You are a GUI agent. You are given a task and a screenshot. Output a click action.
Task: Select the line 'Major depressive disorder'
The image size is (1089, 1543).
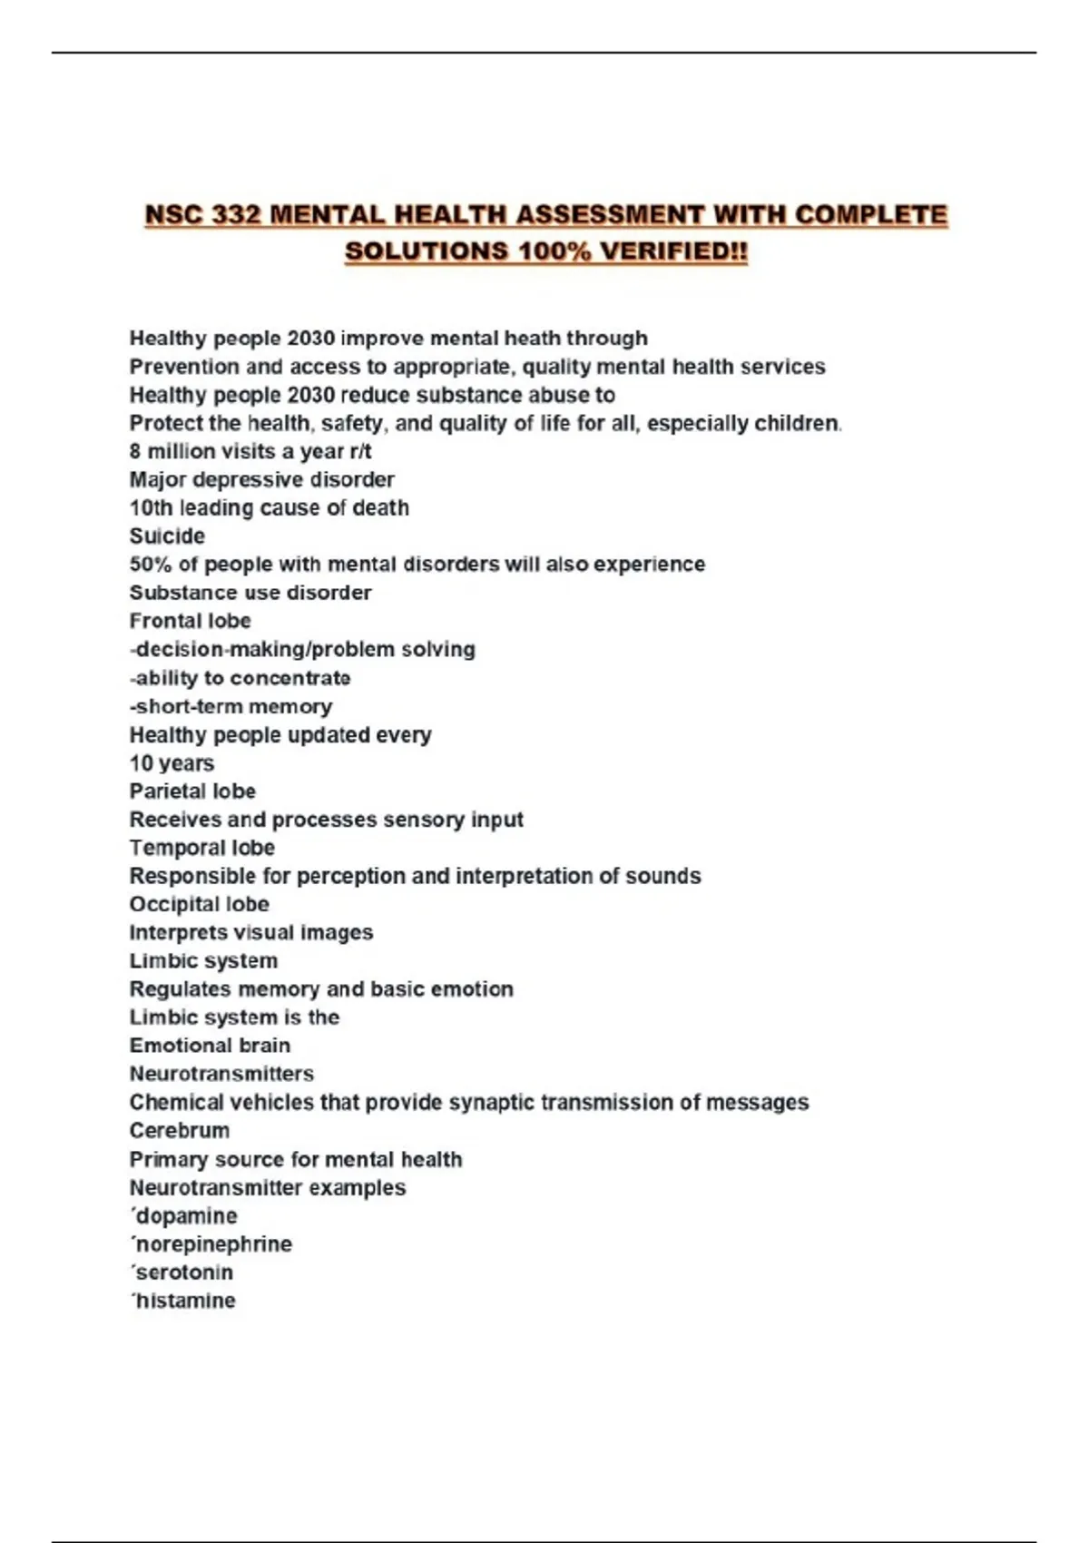[x=261, y=479]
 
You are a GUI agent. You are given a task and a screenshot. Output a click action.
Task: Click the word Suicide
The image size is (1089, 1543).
[x=167, y=536]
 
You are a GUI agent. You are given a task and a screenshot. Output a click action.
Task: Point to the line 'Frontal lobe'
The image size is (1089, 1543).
[x=190, y=621]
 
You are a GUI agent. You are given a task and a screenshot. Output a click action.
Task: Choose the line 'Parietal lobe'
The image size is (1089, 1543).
[x=192, y=791]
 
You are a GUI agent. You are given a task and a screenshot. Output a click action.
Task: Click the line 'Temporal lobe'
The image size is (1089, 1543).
[x=201, y=848]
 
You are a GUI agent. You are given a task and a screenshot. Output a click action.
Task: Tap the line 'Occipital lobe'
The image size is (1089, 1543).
[x=199, y=904]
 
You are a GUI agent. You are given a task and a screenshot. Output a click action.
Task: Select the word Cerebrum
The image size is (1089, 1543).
[x=180, y=1130]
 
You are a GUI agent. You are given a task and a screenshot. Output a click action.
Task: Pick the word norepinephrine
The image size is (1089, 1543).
[x=213, y=1243]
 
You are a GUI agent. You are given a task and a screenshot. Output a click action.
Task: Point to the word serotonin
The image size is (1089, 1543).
[x=184, y=1272]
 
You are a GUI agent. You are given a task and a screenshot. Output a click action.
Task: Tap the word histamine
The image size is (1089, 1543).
[x=185, y=1300]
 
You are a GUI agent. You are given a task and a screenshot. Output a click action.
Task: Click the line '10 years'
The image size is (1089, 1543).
[x=172, y=762]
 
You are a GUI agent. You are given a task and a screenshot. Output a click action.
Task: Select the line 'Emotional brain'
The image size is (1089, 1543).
[x=210, y=1045]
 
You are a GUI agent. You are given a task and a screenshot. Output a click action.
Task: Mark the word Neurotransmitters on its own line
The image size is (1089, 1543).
[x=221, y=1074]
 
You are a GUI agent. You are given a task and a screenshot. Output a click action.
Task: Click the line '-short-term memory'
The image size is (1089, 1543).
[x=231, y=706]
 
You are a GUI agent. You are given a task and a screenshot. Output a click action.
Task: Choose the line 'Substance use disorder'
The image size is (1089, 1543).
[x=250, y=593]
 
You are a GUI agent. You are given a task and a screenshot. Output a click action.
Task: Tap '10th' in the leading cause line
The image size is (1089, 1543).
[x=151, y=507]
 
